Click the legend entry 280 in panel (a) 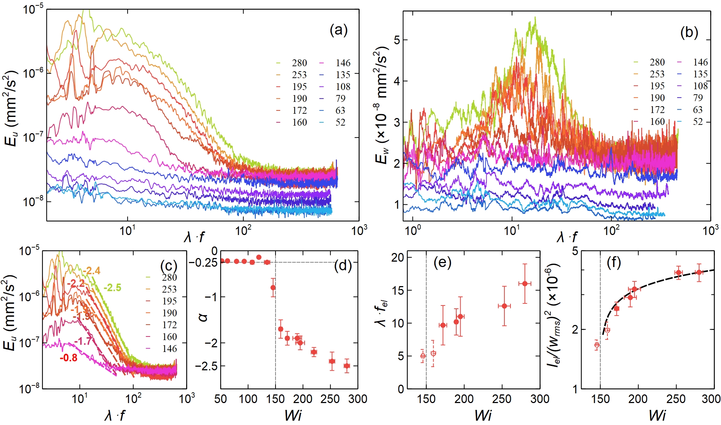tap(299, 63)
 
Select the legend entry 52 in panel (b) tap(697, 122)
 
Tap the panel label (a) tap(338, 30)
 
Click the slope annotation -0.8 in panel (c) tap(68, 358)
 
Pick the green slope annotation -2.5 tap(112, 288)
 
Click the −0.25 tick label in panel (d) tap(203, 263)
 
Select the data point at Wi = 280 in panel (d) tap(347, 366)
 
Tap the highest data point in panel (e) tap(525, 284)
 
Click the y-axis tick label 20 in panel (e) tap(398, 257)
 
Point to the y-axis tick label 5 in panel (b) tap(397, 40)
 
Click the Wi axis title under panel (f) tap(657, 416)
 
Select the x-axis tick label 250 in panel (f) tap(676, 399)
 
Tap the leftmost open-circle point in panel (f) tap(597, 345)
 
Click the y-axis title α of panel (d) tap(203, 317)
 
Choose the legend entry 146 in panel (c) tap(169, 349)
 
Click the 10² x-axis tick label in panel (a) tap(243, 230)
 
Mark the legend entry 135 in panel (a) tap(343, 75)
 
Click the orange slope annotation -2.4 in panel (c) tap(91, 271)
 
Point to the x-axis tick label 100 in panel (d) tap(248, 399)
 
